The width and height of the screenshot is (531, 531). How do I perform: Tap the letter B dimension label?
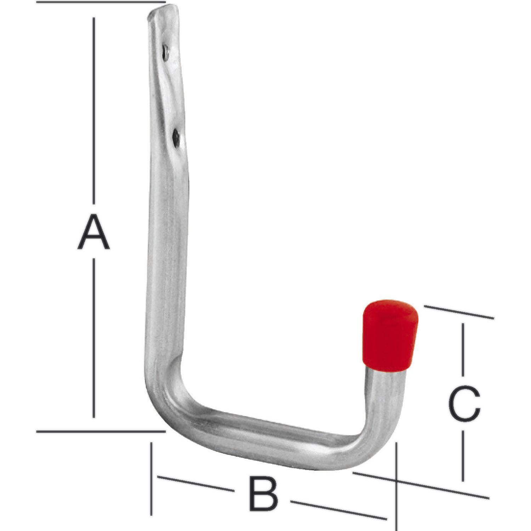point(263,493)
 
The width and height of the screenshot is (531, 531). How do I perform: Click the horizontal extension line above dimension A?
point(101,2)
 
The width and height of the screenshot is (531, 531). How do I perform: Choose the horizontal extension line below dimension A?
point(101,431)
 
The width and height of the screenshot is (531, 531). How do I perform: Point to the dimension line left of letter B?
point(195,484)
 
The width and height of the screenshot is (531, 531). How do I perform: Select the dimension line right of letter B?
point(338,510)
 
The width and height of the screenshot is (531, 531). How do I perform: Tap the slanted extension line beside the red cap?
point(458,312)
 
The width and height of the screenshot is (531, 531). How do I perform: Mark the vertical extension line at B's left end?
point(152,478)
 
